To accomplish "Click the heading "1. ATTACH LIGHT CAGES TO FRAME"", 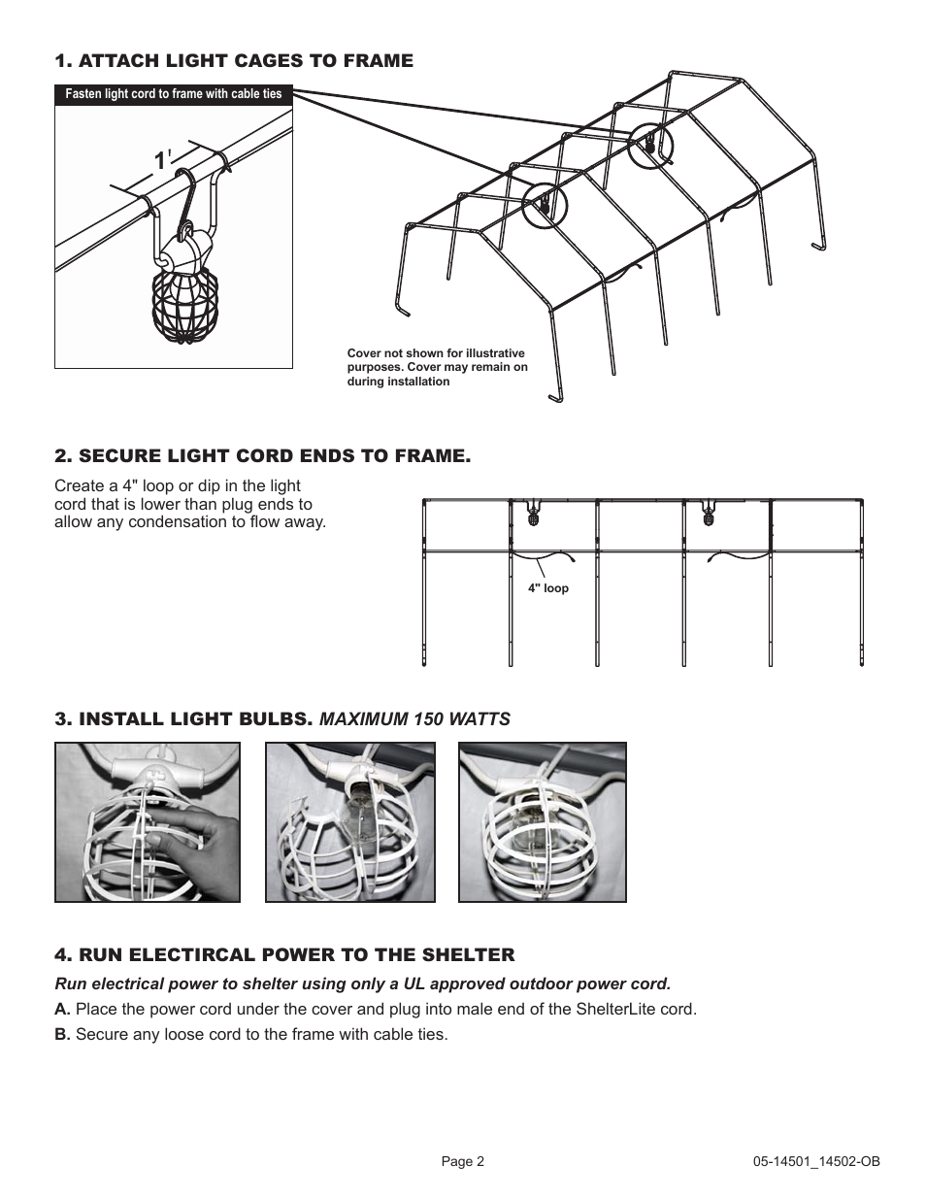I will pyautogui.click(x=234, y=61).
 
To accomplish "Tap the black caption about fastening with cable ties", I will pyautogui.click(x=174, y=94).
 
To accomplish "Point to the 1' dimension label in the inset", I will pyautogui.click(x=161, y=161).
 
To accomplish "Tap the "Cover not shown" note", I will pyautogui.click(x=438, y=367).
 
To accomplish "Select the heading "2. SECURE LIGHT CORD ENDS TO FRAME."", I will pyautogui.click(x=263, y=456).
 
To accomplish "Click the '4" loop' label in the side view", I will pyautogui.click(x=548, y=588).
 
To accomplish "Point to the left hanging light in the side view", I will pyautogui.click(x=533, y=514).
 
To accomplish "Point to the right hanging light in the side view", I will pyautogui.click(x=710, y=514).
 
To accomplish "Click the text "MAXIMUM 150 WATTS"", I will pyautogui.click(x=414, y=719).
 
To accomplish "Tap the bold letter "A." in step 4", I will pyautogui.click(x=63, y=1009).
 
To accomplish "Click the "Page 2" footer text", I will pyautogui.click(x=463, y=1161).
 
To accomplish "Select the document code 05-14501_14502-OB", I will pyautogui.click(x=816, y=1161).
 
